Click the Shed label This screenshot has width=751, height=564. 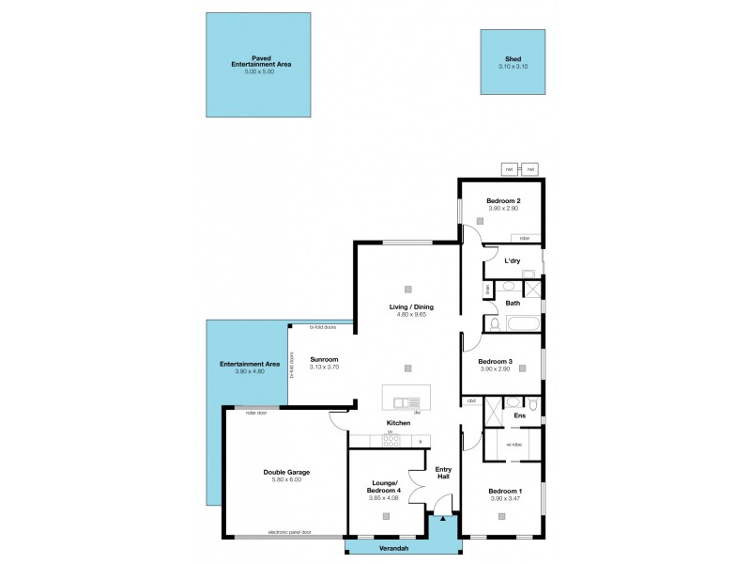click(x=513, y=58)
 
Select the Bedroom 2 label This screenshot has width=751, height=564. click(x=503, y=201)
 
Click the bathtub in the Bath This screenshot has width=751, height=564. click(x=515, y=324)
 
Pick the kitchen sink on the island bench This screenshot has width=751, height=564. click(x=406, y=403)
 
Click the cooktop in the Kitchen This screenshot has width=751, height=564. click(x=392, y=441)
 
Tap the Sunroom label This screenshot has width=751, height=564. click(x=324, y=359)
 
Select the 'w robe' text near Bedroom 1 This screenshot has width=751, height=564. click(x=513, y=445)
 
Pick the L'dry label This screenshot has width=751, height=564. click(x=513, y=260)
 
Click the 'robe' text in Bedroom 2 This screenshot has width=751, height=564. click(x=524, y=238)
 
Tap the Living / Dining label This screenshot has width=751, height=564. click(x=411, y=307)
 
